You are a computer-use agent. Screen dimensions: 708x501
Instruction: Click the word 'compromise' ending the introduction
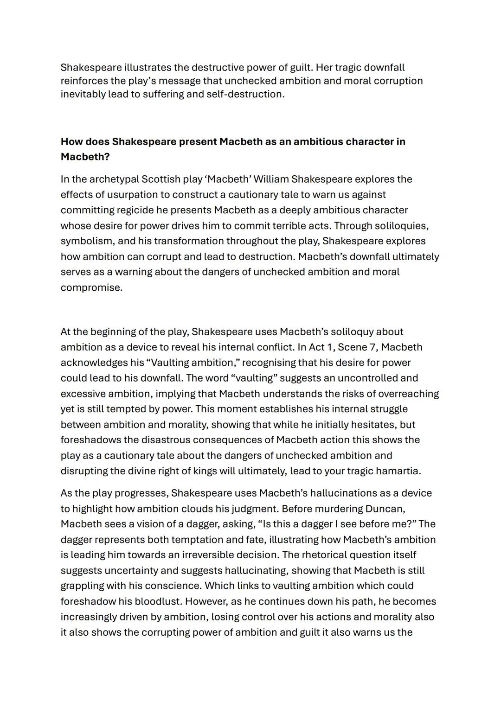pyautogui.click(x=91, y=287)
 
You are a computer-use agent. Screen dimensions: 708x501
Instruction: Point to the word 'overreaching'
pyautogui.click(x=408, y=394)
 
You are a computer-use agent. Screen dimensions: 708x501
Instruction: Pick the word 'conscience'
pyautogui.click(x=173, y=586)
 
